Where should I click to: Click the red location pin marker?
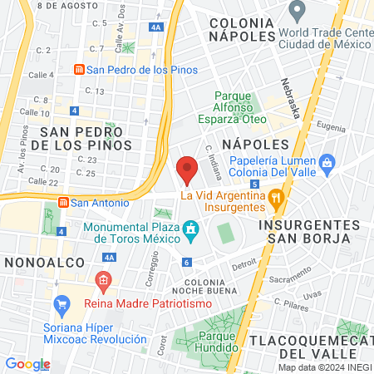coord(187,170)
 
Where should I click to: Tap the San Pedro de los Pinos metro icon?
coord(79,69)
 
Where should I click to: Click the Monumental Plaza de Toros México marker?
coord(192,228)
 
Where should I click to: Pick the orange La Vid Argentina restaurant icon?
coord(277,197)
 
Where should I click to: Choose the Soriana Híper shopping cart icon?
coord(60,303)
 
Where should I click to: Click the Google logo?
coord(27,363)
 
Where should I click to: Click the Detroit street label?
coord(244,265)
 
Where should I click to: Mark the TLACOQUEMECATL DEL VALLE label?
coord(318,341)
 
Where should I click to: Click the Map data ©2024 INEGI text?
coord(325,367)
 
